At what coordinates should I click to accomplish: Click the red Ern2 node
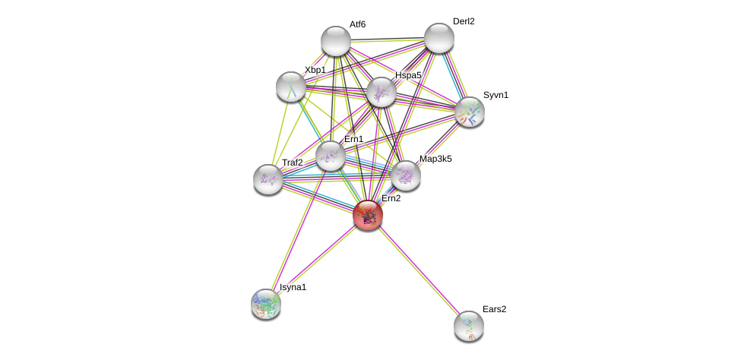coord(368,215)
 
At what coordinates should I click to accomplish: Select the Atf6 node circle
coord(335,41)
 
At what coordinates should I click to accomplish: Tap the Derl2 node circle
coord(439,38)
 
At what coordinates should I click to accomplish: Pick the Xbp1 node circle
coord(290,87)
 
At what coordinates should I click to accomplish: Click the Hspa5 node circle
coord(381,92)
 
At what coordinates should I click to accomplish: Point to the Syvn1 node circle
coord(470,112)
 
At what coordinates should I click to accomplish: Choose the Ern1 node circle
coord(330,156)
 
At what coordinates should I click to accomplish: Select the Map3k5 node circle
coord(406,175)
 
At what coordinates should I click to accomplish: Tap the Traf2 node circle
coord(268,179)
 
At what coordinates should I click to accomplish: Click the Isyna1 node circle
coord(266,304)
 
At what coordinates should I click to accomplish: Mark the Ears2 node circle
coord(469,326)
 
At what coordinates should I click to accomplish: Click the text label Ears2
coord(495,309)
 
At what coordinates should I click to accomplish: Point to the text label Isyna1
coord(293,287)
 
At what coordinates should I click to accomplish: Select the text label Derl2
coord(464,21)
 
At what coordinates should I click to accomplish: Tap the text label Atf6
coord(357,24)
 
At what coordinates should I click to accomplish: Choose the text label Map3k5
coord(435,159)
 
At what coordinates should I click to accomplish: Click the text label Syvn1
coord(496,95)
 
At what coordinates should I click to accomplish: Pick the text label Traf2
coord(293,163)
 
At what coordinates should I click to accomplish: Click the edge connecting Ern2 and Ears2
coord(418,270)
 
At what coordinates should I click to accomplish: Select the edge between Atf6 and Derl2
coord(387,39)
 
